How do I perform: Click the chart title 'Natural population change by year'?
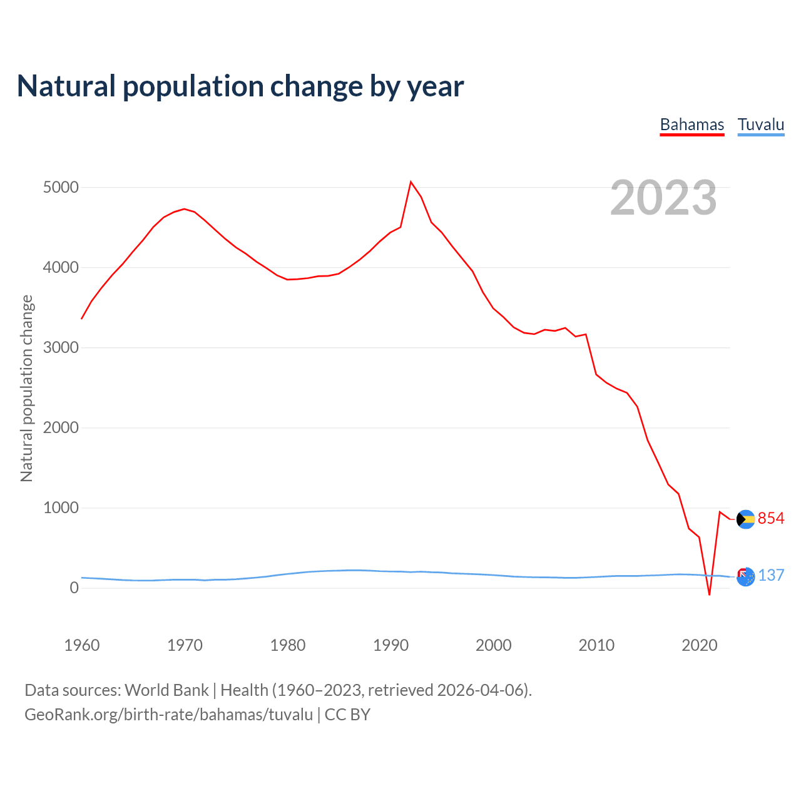pyautogui.click(x=240, y=86)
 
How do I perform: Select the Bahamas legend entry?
pyautogui.click(x=692, y=125)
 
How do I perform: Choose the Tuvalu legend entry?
pyautogui.click(x=761, y=125)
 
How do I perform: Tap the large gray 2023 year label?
pyautogui.click(x=663, y=198)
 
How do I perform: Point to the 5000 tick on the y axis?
pyautogui.click(x=61, y=188)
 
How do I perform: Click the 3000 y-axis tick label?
pyautogui.click(x=61, y=348)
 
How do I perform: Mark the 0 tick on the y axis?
pyautogui.click(x=74, y=588)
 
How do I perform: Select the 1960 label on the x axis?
pyautogui.click(x=82, y=645)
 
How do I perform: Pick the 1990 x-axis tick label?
pyautogui.click(x=390, y=645)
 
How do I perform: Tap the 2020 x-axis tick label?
pyautogui.click(x=699, y=645)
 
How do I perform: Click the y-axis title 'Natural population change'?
pyautogui.click(x=27, y=388)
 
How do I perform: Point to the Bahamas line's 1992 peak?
pyautogui.click(x=411, y=182)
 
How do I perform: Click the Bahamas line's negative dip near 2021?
pyautogui.click(x=709, y=594)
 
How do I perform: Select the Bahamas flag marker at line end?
pyautogui.click(x=745, y=519)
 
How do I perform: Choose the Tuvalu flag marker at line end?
pyautogui.click(x=745, y=576)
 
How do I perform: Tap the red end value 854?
pyautogui.click(x=771, y=519)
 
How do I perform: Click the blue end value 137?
pyautogui.click(x=771, y=576)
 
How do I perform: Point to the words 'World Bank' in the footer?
pyautogui.click(x=166, y=690)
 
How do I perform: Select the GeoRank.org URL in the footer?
pyautogui.click(x=168, y=715)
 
